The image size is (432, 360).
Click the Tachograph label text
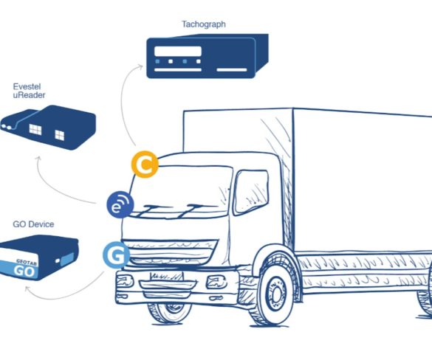coord(204,24)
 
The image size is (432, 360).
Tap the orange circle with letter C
coord(145,165)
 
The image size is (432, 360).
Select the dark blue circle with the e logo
coord(120,204)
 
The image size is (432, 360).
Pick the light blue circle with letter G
coord(116,255)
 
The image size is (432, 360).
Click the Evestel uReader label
coord(29,91)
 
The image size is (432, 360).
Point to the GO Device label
coord(33,224)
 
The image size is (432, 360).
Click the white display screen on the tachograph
coord(178,51)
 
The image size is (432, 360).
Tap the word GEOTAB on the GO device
coord(27,263)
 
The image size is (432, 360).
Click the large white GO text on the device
coord(24,271)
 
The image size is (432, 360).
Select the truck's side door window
coord(251,192)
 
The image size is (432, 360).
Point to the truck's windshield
coord(180,192)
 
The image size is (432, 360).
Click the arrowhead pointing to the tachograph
coord(140,66)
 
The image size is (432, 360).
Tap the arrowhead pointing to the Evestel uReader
coord(39,159)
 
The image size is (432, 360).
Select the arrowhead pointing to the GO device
coord(27,288)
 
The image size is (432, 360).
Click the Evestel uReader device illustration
coord(48,127)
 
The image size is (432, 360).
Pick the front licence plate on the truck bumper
coord(166,276)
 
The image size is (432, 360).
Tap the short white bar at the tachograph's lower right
coord(232,70)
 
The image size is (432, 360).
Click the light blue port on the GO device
coord(67,260)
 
